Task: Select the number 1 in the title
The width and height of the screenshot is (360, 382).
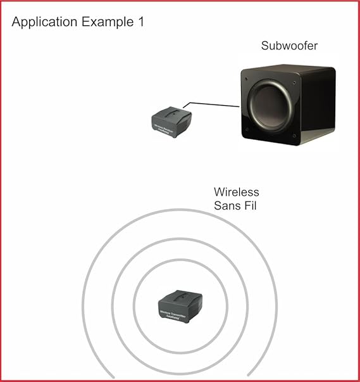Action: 140,22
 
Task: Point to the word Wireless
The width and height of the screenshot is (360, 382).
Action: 236,192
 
